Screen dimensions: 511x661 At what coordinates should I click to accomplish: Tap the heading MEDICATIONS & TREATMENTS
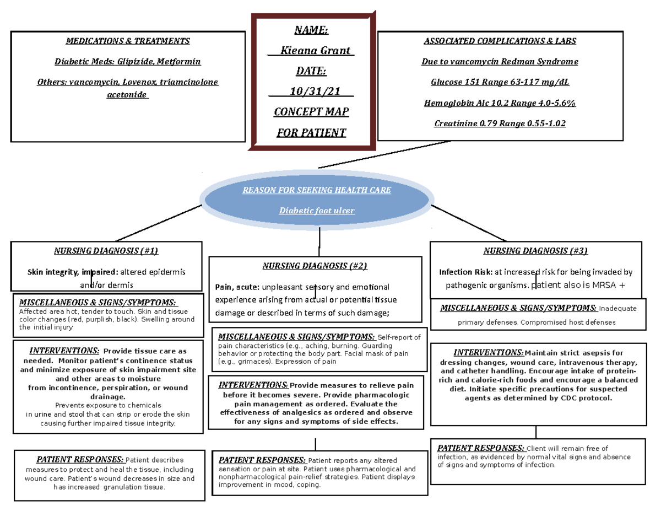click(x=128, y=41)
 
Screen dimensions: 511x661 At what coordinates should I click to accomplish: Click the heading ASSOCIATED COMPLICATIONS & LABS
click(x=500, y=41)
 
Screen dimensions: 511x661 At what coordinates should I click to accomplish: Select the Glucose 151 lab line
click(x=500, y=82)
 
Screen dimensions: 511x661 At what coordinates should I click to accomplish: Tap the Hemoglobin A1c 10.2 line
click(x=500, y=103)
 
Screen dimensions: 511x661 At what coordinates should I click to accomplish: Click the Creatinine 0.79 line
click(x=500, y=123)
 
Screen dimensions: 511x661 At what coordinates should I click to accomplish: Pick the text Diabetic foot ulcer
click(x=316, y=211)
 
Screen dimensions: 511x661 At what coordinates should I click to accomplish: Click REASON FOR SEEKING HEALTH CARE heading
click(x=316, y=190)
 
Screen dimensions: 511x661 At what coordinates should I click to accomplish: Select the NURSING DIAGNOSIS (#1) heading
click(x=106, y=251)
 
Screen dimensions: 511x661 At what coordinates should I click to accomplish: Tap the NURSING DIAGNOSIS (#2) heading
click(x=315, y=266)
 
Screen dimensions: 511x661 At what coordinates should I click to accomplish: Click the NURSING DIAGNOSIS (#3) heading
click(x=535, y=251)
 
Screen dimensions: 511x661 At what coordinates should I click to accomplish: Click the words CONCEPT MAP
click(x=312, y=112)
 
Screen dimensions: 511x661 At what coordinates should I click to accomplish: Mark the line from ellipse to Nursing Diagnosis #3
click(x=468, y=223)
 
